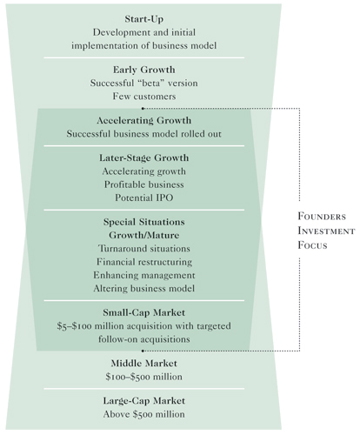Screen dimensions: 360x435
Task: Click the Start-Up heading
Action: [144, 19]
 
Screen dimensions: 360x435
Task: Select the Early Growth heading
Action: [144, 70]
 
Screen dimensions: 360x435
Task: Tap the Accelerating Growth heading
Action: [144, 120]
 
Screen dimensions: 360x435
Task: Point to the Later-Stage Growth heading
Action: [144, 158]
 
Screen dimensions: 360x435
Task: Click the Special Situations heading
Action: [144, 222]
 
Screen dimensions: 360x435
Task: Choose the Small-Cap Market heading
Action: [144, 312]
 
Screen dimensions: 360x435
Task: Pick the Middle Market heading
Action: [144, 364]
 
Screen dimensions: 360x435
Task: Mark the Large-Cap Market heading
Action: [144, 401]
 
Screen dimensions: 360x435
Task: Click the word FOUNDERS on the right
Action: [322, 217]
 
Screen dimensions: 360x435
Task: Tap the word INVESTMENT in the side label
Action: [326, 231]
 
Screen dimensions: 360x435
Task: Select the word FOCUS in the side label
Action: [312, 245]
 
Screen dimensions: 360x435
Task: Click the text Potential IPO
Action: [144, 197]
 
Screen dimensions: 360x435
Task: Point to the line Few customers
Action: [144, 97]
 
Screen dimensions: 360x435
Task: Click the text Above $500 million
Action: [144, 414]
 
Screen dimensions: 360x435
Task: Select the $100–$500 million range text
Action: [144, 377]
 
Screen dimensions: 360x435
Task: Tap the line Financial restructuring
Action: [144, 262]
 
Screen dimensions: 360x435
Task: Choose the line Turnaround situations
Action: [144, 249]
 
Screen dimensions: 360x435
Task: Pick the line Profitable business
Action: [144, 184]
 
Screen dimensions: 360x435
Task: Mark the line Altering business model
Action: [144, 289]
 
